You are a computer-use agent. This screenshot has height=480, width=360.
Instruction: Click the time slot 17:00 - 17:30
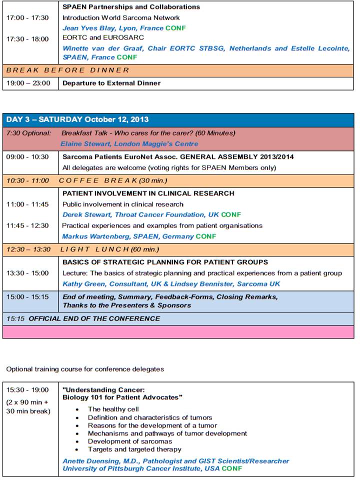point(27,17)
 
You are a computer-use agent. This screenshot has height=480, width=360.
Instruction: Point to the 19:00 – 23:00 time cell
point(28,83)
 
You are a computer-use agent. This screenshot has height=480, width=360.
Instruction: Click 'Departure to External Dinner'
point(111,83)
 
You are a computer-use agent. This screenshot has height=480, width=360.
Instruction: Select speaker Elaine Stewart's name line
point(129,144)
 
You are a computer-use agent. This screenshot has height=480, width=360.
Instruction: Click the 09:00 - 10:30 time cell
point(27,156)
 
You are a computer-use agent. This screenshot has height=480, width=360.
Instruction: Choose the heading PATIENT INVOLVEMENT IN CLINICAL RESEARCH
point(148,193)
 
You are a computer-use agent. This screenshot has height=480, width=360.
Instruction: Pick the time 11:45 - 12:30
point(27,225)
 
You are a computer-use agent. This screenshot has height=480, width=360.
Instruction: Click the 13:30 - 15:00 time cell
point(27,273)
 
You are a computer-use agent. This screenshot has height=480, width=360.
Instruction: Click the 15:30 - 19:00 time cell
point(27,389)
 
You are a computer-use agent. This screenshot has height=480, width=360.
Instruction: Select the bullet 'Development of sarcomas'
point(129,441)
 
